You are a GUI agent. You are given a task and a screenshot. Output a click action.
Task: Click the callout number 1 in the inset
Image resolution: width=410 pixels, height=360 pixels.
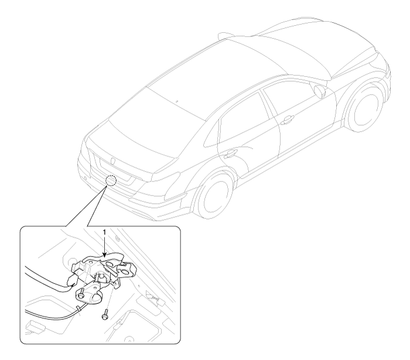tap(105, 232)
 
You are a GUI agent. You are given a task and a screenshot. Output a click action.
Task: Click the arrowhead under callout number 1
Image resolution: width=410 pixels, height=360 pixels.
tap(105, 255)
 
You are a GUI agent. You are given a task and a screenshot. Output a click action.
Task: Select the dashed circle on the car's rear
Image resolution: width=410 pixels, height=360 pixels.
tap(111, 180)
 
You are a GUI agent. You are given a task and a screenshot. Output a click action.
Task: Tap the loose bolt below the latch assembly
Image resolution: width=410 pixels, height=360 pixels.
tap(105, 314)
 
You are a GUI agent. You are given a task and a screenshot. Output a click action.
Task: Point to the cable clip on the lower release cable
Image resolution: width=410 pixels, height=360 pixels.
tap(78, 308)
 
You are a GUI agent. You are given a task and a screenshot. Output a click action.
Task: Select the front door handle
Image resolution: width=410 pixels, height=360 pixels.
tap(286, 119)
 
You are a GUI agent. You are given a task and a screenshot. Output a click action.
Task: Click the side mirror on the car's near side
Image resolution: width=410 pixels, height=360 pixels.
tap(320, 91)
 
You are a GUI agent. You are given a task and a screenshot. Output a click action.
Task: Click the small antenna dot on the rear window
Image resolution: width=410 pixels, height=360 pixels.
tap(177, 101)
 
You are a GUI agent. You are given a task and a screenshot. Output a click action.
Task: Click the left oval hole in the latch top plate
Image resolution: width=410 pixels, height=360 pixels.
tap(110, 265)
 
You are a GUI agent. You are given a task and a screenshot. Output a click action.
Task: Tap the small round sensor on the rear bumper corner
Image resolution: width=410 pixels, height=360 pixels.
tap(86, 179)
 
